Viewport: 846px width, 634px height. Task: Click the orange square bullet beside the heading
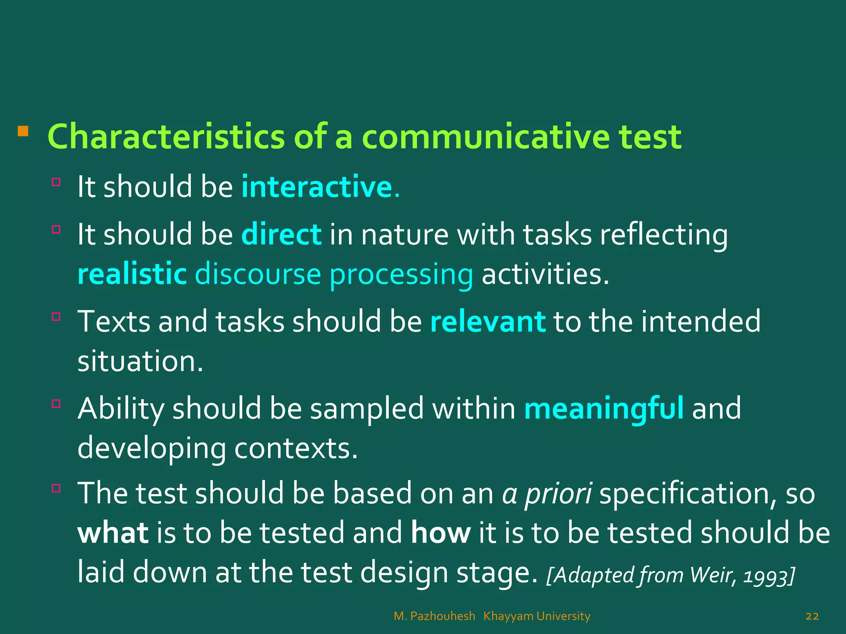tap(23, 132)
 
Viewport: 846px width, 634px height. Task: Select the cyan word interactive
tap(316, 187)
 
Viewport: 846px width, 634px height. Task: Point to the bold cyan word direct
tap(281, 234)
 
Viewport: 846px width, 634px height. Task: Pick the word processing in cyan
tap(401, 275)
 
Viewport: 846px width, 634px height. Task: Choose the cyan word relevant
tap(488, 321)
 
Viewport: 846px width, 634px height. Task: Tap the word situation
tap(140, 361)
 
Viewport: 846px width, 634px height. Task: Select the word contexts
tap(296, 448)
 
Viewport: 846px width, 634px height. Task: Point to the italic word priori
tap(558, 493)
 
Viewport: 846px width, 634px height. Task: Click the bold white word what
tap(113, 532)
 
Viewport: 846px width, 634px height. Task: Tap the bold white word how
tap(441, 532)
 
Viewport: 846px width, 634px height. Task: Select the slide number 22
tap(812, 616)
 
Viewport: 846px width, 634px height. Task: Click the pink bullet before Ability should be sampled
tap(56, 403)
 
